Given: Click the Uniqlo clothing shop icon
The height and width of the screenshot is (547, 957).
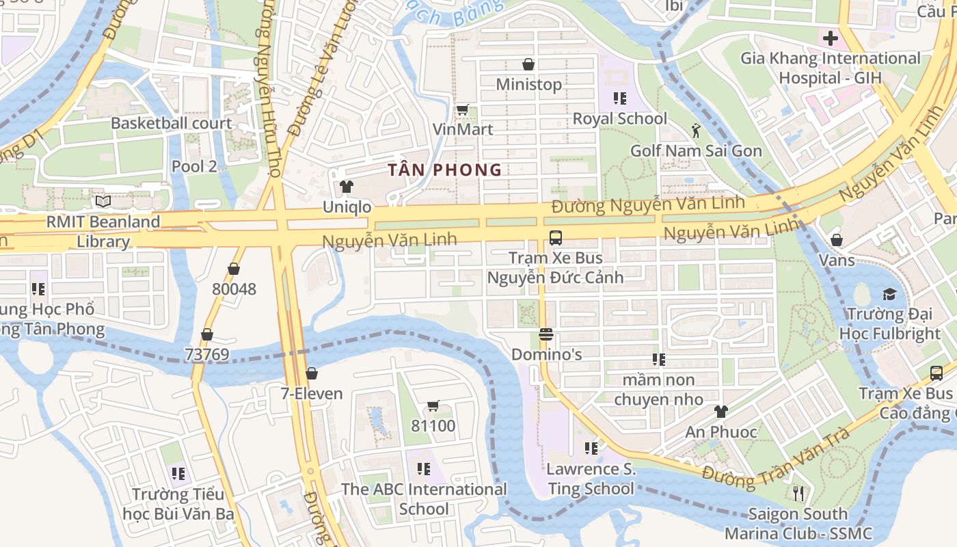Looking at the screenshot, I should pos(347,186).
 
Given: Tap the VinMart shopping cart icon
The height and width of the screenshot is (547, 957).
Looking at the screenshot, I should pos(462,109).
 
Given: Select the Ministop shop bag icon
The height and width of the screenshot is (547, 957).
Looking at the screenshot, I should pos(528,64).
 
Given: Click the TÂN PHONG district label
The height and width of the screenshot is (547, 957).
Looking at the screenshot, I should pos(445,170).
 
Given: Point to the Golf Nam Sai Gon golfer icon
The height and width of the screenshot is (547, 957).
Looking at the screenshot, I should pos(696,131).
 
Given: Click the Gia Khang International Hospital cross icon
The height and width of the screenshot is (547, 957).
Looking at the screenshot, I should pos(831,38).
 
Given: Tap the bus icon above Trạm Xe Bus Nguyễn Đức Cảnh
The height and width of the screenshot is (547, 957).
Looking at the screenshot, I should pos(555,238).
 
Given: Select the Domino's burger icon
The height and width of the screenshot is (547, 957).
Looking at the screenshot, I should pos(545,334).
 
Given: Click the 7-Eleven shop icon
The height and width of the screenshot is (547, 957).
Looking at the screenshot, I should pos(312,373).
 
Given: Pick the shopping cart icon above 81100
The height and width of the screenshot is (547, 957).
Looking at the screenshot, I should pos(433,406).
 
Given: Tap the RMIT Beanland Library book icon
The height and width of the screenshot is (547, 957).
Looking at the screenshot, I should pos(103,202).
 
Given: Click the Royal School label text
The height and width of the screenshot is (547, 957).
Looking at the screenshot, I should pos(619,118).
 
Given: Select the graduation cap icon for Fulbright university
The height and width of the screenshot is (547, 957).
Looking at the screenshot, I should pos(889,295).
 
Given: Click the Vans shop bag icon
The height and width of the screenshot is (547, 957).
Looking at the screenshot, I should pos(837,240).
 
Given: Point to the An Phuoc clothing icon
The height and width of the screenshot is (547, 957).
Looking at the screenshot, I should pos(721,412).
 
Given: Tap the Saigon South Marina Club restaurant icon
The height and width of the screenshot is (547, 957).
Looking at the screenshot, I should pos(798,493).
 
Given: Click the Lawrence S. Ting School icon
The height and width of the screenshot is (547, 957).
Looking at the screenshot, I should pos(591,449).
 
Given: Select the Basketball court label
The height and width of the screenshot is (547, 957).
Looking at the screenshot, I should pos(172,123).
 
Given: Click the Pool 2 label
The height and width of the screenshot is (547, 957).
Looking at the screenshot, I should pos(194,166).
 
